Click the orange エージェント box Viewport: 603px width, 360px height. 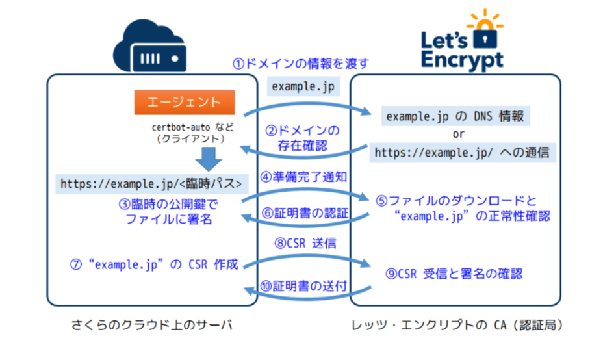coord(184,102)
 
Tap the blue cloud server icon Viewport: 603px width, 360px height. coord(149,47)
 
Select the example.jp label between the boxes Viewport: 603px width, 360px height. coord(303,86)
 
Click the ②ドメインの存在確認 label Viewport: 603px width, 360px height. coord(303,138)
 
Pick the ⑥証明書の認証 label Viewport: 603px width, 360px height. coord(303,212)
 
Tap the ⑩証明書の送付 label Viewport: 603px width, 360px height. coord(303,286)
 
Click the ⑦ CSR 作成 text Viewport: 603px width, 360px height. coord(155,264)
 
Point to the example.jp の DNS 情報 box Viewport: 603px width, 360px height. coord(455,117)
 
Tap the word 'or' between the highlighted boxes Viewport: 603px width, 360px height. coord(458,135)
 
